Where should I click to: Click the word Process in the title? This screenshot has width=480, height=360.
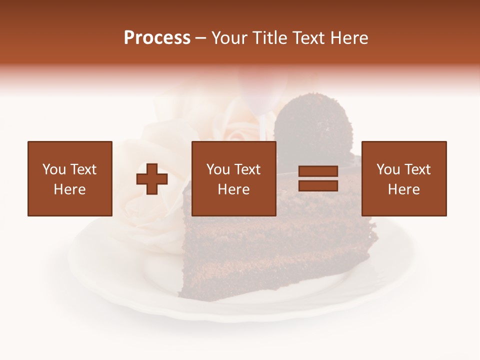(157, 38)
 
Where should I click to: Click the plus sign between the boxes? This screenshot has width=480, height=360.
(152, 178)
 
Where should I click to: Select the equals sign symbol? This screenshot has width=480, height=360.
(318, 178)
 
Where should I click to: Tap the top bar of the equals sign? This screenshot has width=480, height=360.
(318, 171)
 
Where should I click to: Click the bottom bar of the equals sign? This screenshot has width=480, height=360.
(318, 185)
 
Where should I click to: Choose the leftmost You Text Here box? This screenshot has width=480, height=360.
(69, 178)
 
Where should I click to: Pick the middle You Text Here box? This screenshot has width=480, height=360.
(233, 178)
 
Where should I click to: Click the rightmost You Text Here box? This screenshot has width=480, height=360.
(403, 178)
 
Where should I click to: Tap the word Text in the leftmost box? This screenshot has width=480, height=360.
(83, 169)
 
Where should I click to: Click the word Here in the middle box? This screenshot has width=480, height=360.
(233, 189)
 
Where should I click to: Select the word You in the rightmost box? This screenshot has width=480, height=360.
(388, 169)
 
